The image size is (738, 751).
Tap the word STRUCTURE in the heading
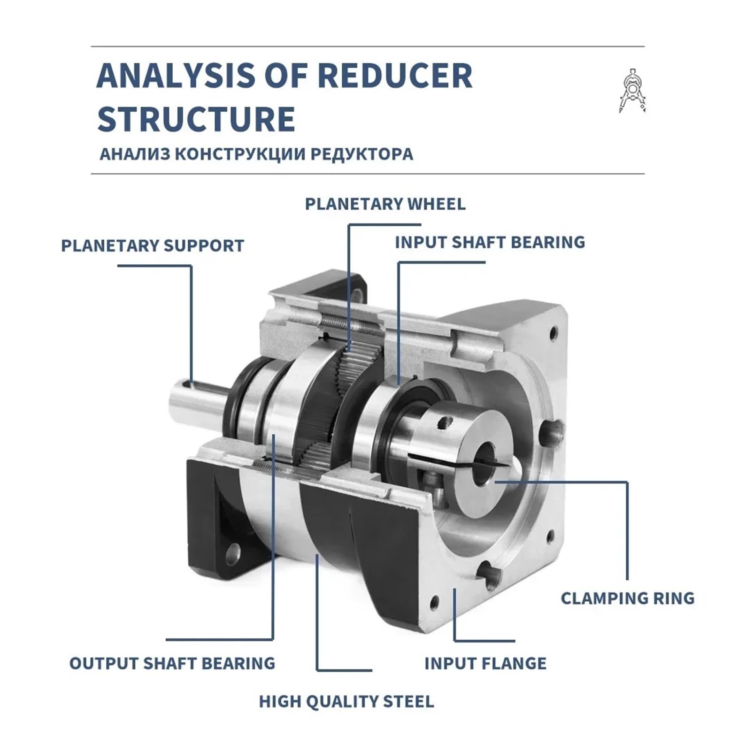(x=196, y=119)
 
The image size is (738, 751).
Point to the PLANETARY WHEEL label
(x=385, y=204)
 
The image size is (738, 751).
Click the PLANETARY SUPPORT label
(x=153, y=245)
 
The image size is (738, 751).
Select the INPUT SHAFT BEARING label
(x=490, y=242)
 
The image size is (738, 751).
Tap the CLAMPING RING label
(x=627, y=598)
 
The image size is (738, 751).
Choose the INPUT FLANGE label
(x=485, y=663)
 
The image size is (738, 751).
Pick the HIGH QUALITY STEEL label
(x=346, y=702)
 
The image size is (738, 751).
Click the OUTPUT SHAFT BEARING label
(x=172, y=663)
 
